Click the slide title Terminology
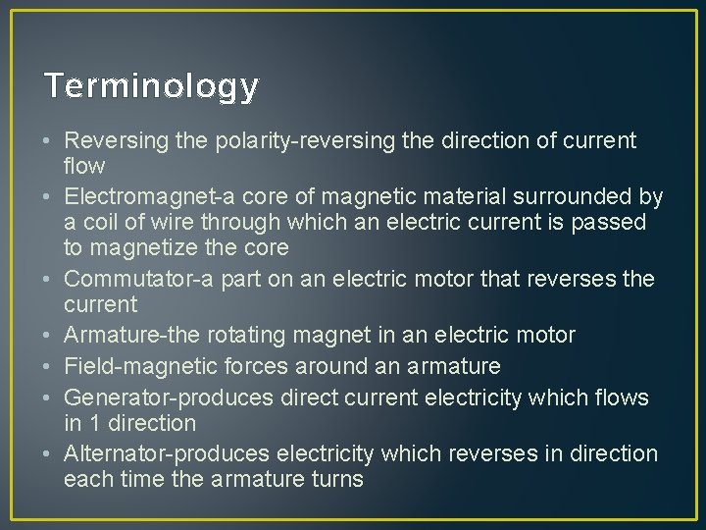[152, 87]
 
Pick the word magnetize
[143, 247]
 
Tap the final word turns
[336, 480]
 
